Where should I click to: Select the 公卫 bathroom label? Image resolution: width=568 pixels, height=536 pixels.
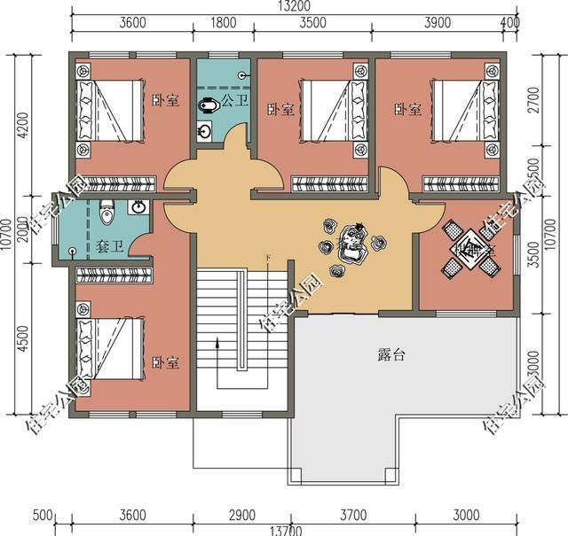coord(234,101)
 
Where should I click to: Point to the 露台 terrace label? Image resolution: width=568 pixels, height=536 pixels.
coord(391,356)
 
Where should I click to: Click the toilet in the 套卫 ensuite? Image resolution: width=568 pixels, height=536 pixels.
coord(106,212)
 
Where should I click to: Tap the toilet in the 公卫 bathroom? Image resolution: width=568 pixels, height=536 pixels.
coord(209,105)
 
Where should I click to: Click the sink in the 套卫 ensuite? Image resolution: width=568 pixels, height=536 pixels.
coord(138,208)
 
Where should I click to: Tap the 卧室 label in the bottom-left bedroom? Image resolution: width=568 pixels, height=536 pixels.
coord(165,363)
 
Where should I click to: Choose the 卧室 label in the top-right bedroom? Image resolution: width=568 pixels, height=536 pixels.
coord(408,109)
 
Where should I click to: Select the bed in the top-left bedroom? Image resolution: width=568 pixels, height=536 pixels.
coord(110,111)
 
